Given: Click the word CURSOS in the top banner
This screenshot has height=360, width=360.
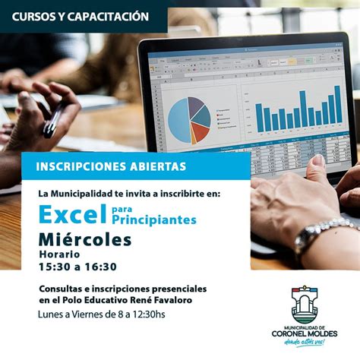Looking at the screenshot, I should click(35, 16).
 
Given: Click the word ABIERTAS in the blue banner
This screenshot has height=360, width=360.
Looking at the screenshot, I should click(159, 166).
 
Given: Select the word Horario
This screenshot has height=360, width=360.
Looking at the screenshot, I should click(59, 254).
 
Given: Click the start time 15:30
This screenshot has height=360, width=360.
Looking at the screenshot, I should click(54, 267).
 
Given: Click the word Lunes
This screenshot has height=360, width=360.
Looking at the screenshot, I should click(54, 314).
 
